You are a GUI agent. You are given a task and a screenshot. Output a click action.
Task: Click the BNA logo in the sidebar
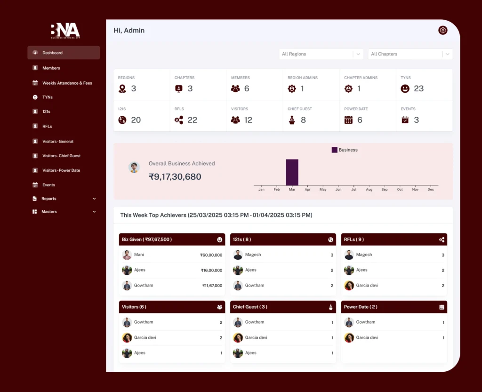[x=65, y=31]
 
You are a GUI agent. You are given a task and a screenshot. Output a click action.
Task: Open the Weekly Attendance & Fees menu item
[x=67, y=83]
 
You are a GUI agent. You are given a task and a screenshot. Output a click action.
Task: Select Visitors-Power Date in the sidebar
[x=61, y=170]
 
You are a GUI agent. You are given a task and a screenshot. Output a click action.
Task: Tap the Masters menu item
[x=49, y=212]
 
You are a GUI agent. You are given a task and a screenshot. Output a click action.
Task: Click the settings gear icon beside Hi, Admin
[x=442, y=31]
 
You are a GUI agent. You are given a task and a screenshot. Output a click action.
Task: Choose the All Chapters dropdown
[x=410, y=54]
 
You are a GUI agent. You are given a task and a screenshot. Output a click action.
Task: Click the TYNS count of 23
[x=418, y=88]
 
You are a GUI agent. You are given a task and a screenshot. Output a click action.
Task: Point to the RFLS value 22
[x=192, y=120]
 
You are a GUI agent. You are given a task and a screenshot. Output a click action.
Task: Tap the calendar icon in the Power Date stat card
[x=348, y=120]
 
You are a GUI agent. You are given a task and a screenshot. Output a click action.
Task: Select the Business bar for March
[x=292, y=172]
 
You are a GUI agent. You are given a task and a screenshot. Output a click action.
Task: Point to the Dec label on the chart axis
[x=430, y=190]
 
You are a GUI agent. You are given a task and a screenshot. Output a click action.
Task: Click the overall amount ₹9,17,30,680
[x=175, y=177]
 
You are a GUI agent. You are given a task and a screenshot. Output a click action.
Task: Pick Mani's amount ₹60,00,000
[x=211, y=255]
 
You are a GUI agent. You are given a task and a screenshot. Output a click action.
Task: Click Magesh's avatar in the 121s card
[x=238, y=255]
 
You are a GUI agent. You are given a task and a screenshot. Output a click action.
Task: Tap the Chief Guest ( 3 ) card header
[x=283, y=307]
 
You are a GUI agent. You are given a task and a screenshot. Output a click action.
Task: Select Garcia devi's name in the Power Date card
[x=367, y=337]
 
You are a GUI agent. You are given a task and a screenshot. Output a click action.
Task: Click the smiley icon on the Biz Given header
[x=219, y=240]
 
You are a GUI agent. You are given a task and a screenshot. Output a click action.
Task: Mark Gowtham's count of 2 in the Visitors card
[x=221, y=322]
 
